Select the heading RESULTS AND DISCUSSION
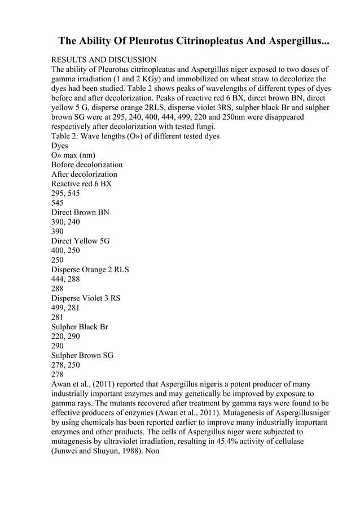[104, 60]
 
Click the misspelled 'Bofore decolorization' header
[87, 164]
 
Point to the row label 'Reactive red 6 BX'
[81, 184]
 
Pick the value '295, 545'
[65, 193]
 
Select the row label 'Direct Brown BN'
[80, 212]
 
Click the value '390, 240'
[65, 222]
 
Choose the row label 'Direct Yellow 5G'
[80, 241]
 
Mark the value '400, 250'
[65, 251]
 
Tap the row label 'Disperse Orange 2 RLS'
[90, 269]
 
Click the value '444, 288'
[65, 279]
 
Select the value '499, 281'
[65, 308]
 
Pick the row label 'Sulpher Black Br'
[80, 327]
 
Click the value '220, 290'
[65, 337]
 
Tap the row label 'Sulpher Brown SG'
[82, 356]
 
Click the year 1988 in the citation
[134, 452]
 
